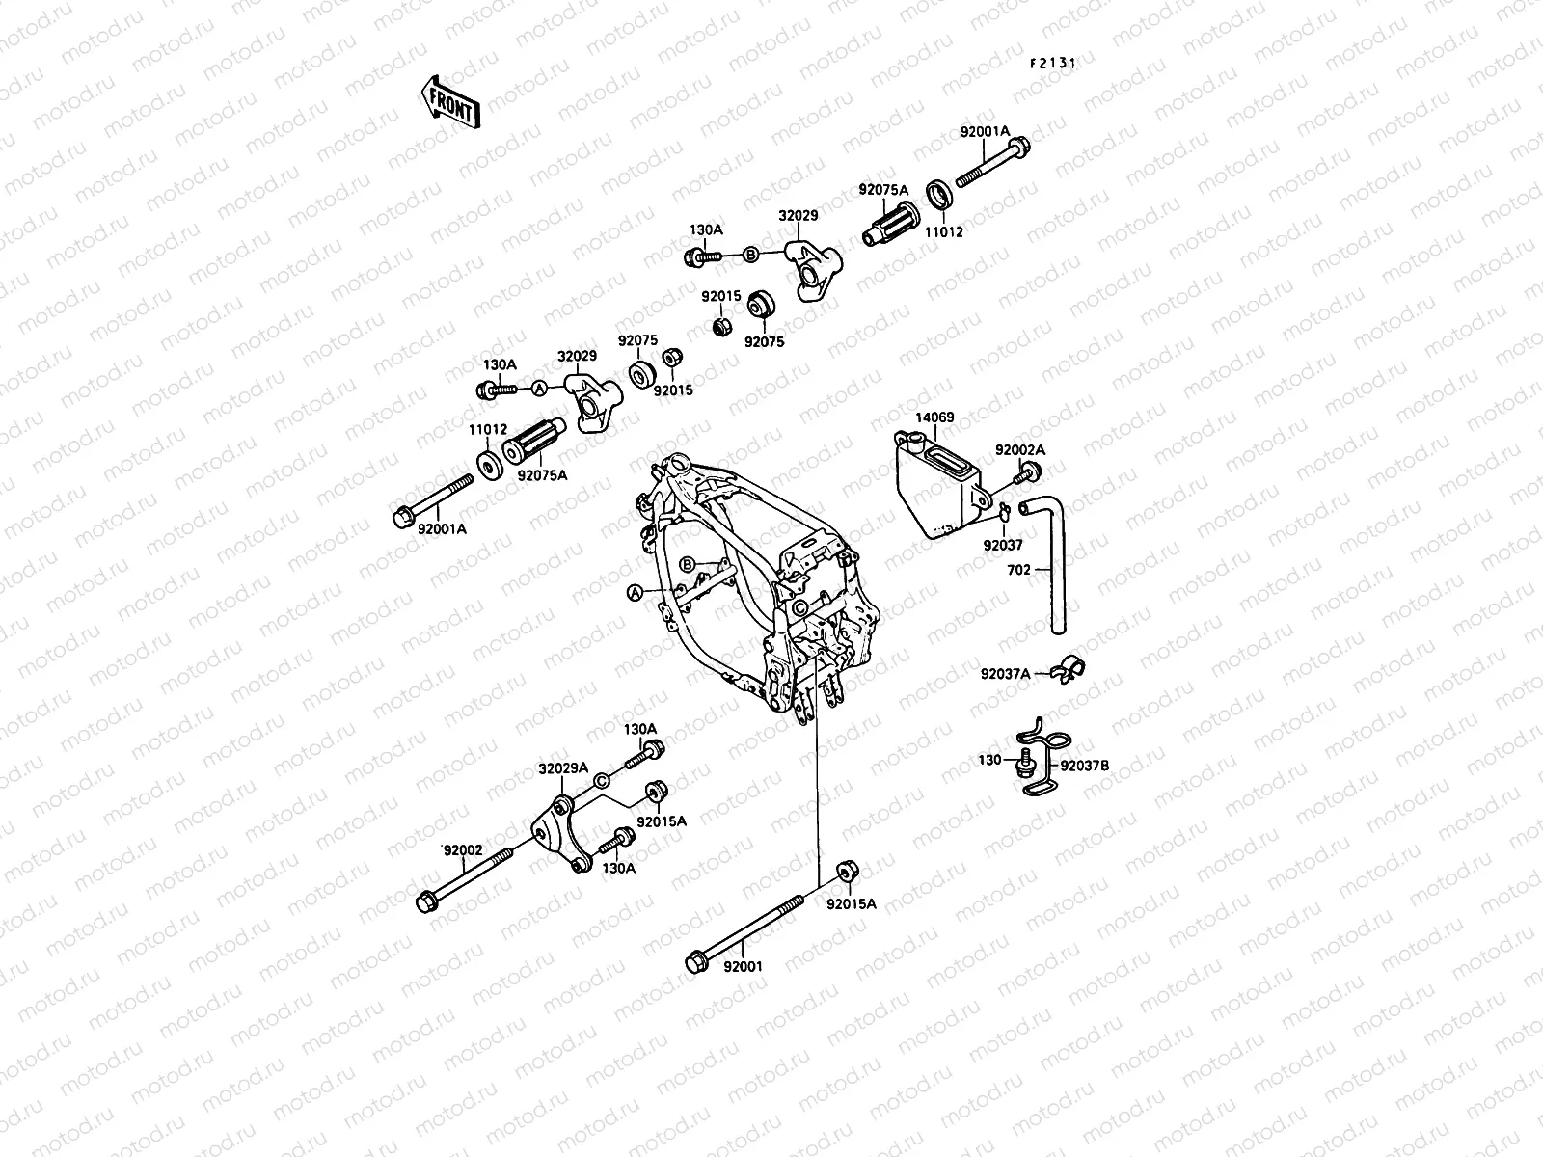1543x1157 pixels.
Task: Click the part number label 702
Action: point(1018,570)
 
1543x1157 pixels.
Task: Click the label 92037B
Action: point(1085,767)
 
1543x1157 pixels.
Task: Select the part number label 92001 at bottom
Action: point(743,965)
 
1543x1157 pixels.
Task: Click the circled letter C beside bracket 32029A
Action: point(600,781)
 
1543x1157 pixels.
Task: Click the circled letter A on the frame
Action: point(635,592)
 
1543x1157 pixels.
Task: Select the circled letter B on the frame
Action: point(688,563)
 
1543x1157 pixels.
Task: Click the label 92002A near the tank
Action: point(1020,450)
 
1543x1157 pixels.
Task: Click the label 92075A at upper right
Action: point(883,190)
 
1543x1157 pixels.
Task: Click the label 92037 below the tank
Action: point(1003,544)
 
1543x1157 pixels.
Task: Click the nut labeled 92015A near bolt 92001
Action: point(845,870)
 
